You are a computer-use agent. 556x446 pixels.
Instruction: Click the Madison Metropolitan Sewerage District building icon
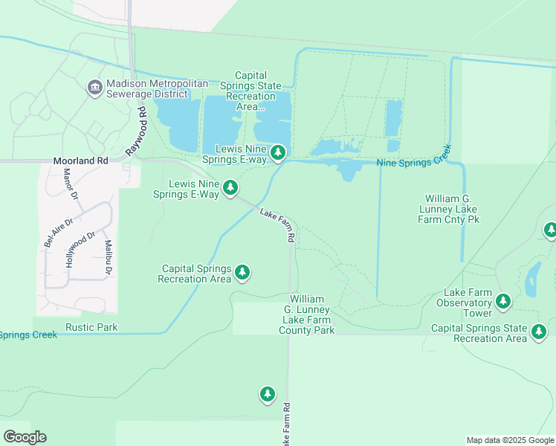pos(94,88)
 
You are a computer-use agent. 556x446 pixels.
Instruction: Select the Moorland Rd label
pos(81,160)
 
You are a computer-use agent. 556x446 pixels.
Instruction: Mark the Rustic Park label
pos(91,327)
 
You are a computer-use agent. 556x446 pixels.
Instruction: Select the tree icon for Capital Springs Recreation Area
pos(242,273)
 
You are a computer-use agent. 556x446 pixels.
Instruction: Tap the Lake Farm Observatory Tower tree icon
pos(504,301)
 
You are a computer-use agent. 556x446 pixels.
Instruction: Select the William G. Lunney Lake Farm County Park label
pos(306,314)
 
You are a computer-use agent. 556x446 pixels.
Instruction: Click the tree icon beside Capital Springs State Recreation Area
pos(539,332)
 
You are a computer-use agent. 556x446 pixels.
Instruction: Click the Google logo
pos(25,437)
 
